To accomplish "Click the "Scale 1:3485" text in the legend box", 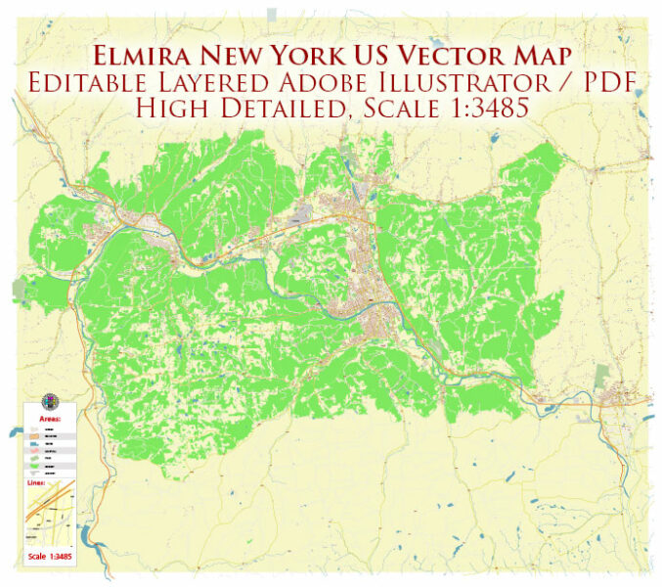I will pyautogui.click(x=51, y=556).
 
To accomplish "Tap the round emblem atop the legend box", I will pyautogui.click(x=50, y=402).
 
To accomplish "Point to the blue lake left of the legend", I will pyautogui.click(x=14, y=431).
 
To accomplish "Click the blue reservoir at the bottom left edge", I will pyautogui.click(x=89, y=536).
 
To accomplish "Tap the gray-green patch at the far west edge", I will pyautogui.click(x=21, y=288).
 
